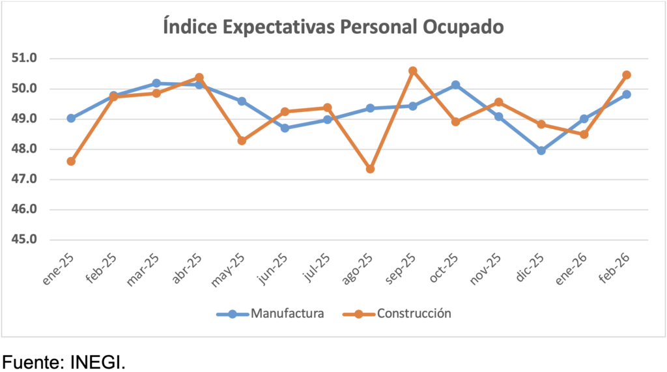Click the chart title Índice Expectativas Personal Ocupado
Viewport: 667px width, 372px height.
coord(333,28)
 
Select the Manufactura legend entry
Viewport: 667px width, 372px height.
coord(287,313)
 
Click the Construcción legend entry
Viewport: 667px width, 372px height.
coord(414,313)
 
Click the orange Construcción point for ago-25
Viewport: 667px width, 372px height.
coord(370,169)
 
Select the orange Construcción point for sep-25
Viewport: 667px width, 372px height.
coord(413,70)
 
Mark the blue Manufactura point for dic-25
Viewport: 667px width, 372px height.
coord(541,150)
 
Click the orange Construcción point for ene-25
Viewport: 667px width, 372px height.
coord(71,161)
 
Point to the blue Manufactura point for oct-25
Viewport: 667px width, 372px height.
coord(455,85)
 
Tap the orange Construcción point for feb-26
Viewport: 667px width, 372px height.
coord(627,75)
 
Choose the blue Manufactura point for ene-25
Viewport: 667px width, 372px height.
coord(71,119)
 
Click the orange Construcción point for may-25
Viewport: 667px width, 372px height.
coord(242,141)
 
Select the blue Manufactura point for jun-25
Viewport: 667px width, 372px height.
coord(285,128)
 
